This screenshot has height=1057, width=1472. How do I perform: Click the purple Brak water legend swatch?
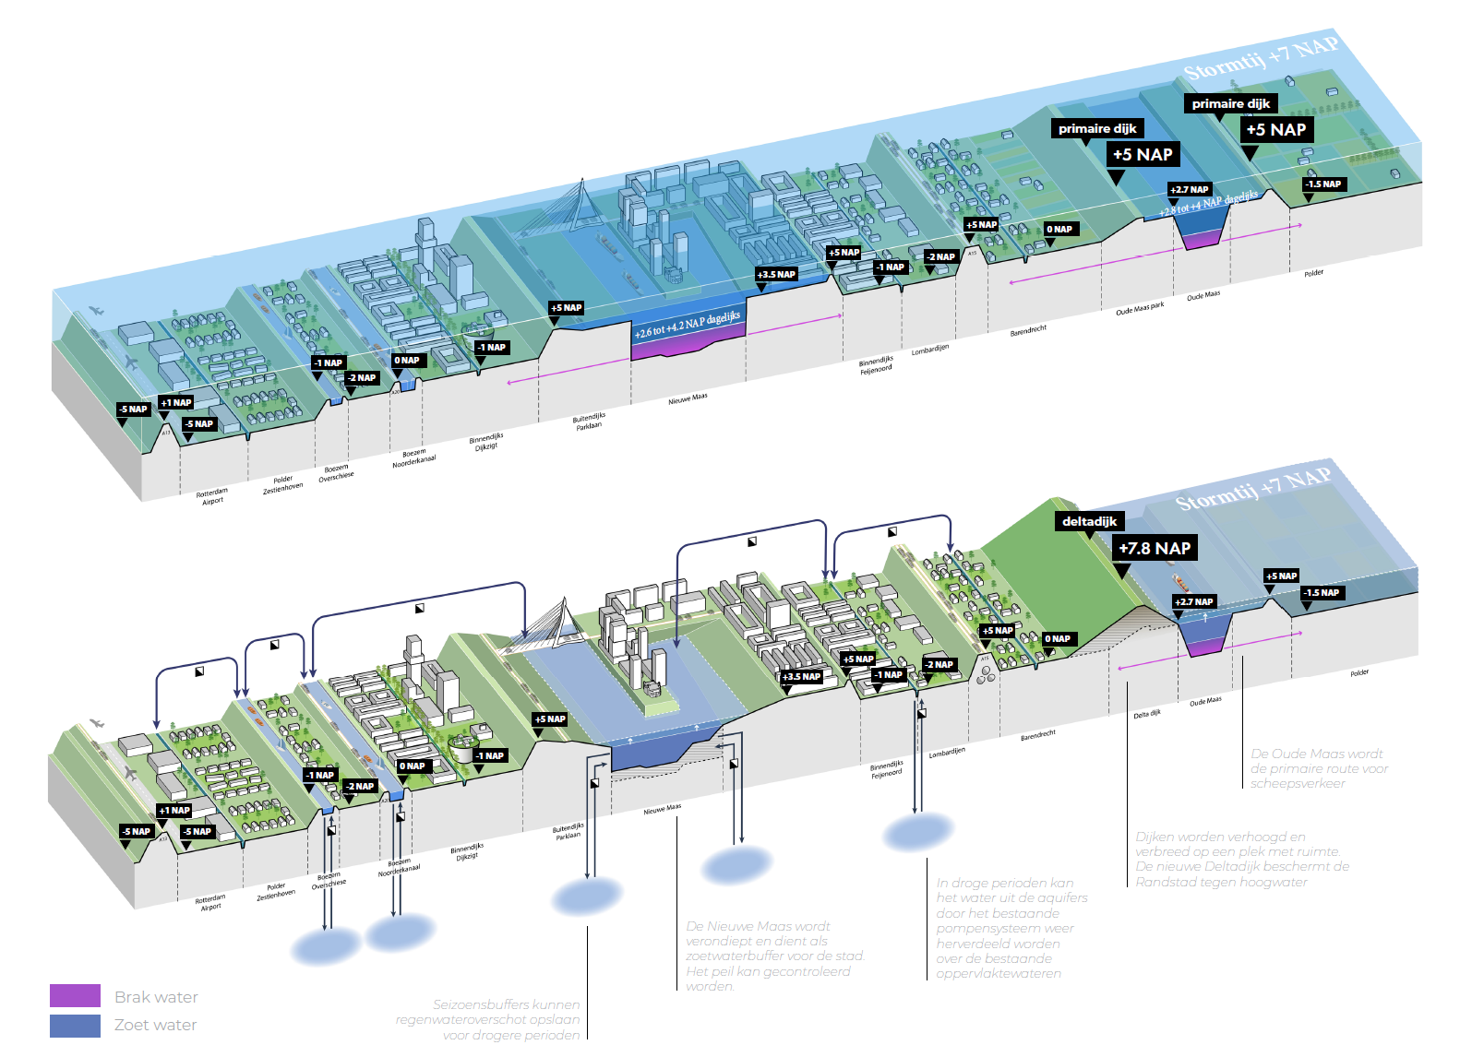(75, 996)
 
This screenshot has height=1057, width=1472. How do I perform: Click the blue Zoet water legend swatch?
(75, 1025)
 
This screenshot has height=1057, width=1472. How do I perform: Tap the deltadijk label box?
(1089, 521)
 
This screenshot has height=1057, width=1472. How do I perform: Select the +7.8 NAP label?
(1155, 548)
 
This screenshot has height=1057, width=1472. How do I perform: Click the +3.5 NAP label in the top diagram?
(776, 274)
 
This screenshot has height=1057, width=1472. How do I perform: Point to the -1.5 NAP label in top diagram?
(1322, 184)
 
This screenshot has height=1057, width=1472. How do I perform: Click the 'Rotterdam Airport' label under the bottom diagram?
(210, 902)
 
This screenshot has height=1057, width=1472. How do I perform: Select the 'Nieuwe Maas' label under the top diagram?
(688, 398)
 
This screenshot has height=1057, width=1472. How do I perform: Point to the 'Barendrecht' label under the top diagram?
(1028, 329)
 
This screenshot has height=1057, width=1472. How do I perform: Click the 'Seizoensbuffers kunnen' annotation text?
(507, 1004)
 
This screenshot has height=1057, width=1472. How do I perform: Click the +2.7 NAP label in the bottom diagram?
(1193, 601)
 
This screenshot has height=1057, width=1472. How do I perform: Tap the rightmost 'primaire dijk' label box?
(1230, 103)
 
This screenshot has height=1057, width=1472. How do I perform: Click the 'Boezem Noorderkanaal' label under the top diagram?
(413, 457)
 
